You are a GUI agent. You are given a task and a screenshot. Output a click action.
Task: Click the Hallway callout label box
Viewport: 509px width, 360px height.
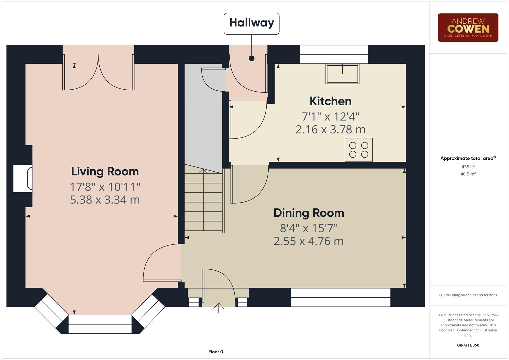[x=251, y=23]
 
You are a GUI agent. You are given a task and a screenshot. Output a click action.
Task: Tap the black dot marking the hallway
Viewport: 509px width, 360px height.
[x=252, y=58]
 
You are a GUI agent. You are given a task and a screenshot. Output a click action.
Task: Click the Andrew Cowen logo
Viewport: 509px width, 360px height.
[x=468, y=28]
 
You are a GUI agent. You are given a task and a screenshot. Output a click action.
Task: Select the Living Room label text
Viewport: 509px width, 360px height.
[x=105, y=171]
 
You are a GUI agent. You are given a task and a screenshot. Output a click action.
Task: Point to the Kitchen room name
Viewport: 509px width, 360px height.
[x=330, y=101]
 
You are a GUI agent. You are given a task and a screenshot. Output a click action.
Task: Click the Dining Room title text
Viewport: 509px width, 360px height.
[x=309, y=213]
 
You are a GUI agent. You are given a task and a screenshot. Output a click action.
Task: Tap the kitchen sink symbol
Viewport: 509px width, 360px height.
[x=342, y=74]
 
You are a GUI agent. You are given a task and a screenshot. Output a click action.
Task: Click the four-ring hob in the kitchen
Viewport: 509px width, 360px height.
[x=358, y=150]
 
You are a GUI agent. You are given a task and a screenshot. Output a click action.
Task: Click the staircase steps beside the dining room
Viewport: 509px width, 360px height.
[x=203, y=200]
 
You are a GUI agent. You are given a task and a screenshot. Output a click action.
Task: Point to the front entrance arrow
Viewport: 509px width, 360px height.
[x=219, y=307]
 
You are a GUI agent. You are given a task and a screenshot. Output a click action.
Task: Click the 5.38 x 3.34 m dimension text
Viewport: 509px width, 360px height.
[x=105, y=200]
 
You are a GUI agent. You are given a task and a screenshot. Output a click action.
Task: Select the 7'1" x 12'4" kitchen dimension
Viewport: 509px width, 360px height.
[x=330, y=117]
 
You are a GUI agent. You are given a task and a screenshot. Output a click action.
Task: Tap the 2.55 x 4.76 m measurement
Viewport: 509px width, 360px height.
[x=309, y=241]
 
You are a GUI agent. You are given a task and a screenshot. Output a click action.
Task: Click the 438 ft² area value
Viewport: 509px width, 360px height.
[x=468, y=167]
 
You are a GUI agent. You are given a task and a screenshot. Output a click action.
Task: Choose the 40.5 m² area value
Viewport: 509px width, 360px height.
[x=468, y=174]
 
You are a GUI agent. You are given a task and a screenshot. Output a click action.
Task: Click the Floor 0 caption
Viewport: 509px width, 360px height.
[x=216, y=352]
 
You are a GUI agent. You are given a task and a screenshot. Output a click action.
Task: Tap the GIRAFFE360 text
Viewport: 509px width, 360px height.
[x=468, y=345]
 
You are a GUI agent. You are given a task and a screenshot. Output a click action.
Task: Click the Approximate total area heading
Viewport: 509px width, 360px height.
[x=468, y=158]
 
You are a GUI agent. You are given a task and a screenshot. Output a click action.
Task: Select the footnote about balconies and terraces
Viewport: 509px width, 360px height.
[x=468, y=295]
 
